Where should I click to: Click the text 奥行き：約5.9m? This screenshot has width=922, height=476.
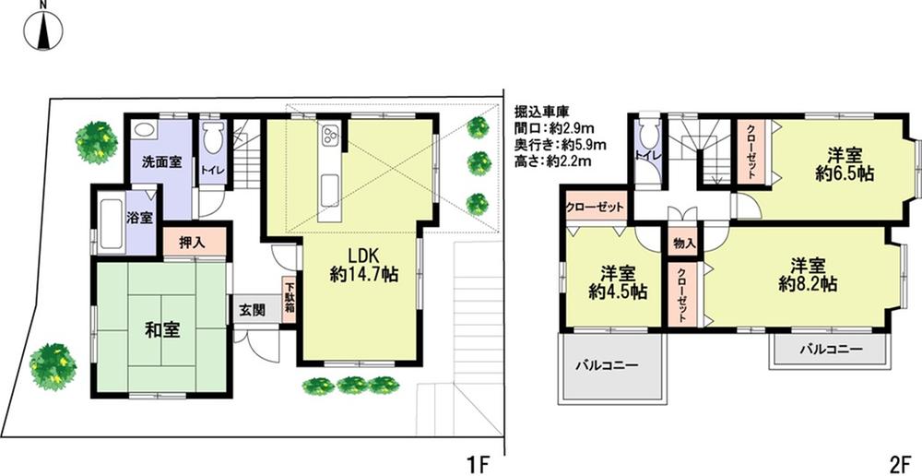(560, 145)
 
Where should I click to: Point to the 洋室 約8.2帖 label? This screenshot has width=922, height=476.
(808, 275)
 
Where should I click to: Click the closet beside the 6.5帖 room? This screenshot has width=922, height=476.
(751, 152)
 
